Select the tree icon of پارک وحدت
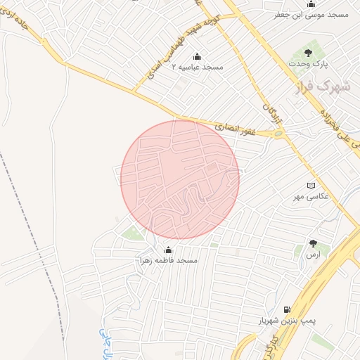(x=307, y=53)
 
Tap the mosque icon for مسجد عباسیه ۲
(x=197, y=56)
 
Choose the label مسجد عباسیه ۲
(x=198, y=67)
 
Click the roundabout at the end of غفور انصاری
(x=279, y=133)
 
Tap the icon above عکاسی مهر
(x=311, y=185)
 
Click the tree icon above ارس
(x=313, y=243)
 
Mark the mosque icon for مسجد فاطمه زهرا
(x=168, y=250)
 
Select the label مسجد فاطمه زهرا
(x=167, y=260)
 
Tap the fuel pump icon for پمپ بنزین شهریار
(x=286, y=309)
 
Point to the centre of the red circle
(x=180, y=180)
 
